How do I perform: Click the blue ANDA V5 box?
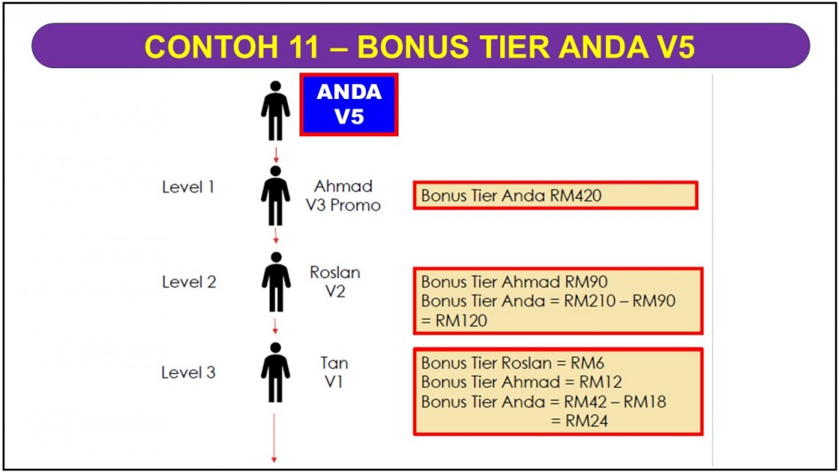pyautogui.click(x=349, y=104)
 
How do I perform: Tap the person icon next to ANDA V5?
pyautogui.click(x=275, y=111)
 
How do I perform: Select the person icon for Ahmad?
pyautogui.click(x=275, y=196)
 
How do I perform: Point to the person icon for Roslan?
pyautogui.click(x=276, y=282)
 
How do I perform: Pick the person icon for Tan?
pyautogui.click(x=275, y=372)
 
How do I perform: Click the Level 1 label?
pyautogui.click(x=188, y=187)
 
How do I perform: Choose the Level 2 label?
pyautogui.click(x=189, y=282)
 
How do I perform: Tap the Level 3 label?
pyautogui.click(x=188, y=372)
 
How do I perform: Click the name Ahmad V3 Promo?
pyautogui.click(x=343, y=196)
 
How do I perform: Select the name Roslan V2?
pyautogui.click(x=335, y=282)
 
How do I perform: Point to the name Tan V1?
pyautogui.click(x=334, y=372)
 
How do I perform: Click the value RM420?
pyautogui.click(x=576, y=196)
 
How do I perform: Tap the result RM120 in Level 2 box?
pyautogui.click(x=461, y=321)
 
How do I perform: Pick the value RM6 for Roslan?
pyautogui.click(x=587, y=364)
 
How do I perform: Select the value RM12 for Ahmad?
pyautogui.click(x=601, y=382)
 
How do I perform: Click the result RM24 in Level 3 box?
pyautogui.click(x=587, y=421)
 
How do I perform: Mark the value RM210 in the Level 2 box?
pyautogui.click(x=590, y=302)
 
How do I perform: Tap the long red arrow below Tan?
pyautogui.click(x=274, y=438)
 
